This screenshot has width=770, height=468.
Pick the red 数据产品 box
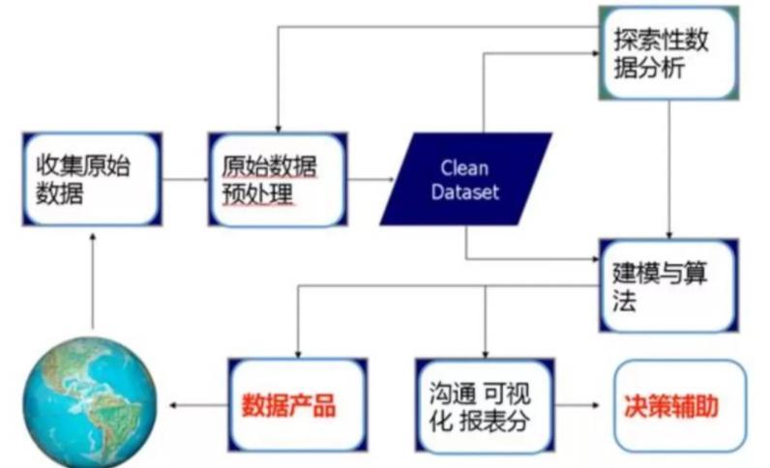pyautogui.click(x=296, y=402)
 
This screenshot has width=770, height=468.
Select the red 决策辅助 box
pyautogui.click(x=679, y=403)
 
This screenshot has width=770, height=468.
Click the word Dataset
pyautogui.click(x=465, y=192)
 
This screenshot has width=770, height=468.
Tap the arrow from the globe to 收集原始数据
pyautogui.click(x=93, y=280)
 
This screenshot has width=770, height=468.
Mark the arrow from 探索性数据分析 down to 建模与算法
pyautogui.click(x=669, y=164)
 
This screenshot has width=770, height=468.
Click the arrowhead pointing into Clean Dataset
pyautogui.click(x=390, y=180)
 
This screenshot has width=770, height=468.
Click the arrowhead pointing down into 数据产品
pyautogui.click(x=297, y=351)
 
